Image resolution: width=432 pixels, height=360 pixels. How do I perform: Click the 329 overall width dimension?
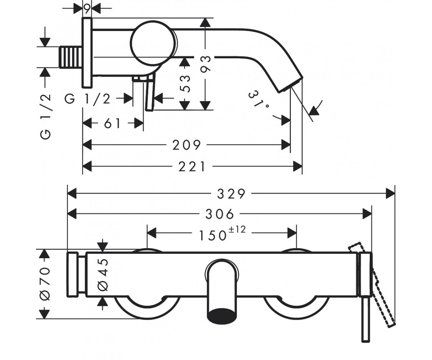coord(231,194)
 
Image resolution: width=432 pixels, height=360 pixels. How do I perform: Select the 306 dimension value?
coord(220,214)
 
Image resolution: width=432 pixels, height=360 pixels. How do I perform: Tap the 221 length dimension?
coord(192,167)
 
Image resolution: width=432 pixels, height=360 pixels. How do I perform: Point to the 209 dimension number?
coord(186,145)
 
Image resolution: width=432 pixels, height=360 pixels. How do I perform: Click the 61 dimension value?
coord(112,123)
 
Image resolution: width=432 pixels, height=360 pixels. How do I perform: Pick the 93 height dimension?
coord(206,64)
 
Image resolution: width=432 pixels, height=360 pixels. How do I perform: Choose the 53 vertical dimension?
coord(185,84)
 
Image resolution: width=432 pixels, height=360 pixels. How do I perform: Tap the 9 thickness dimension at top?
coord(87,9)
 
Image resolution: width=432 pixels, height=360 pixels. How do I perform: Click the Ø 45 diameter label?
coord(103,275)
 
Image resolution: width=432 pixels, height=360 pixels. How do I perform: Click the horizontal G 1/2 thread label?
coord(87,99)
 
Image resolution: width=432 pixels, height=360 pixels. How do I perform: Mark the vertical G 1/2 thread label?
coord(45,116)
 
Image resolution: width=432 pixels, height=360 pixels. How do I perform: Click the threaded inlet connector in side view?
coord(70,57)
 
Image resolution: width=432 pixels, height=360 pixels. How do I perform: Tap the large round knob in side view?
coord(153,42)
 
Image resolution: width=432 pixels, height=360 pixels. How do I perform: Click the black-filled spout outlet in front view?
coord(222,316)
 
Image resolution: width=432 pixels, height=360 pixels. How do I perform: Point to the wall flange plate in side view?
coord(87,53)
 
